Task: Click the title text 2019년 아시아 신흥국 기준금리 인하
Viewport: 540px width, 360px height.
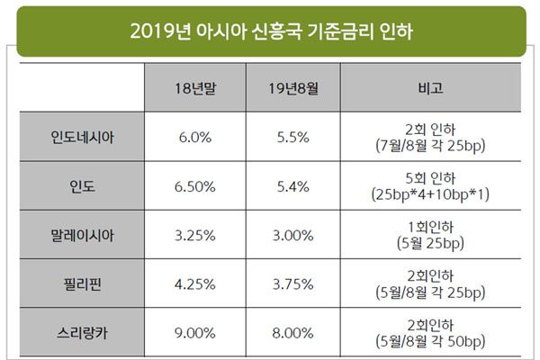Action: (270, 31)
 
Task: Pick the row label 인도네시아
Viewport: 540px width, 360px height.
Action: (84, 138)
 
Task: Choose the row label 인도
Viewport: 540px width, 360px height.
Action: (84, 186)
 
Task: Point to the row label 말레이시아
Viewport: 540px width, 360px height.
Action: (84, 234)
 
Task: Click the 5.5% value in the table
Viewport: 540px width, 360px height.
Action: (294, 138)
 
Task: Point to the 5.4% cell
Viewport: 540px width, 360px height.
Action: (294, 186)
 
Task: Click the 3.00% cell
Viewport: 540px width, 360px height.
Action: (294, 234)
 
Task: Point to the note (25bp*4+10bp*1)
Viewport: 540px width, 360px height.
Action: (429, 194)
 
